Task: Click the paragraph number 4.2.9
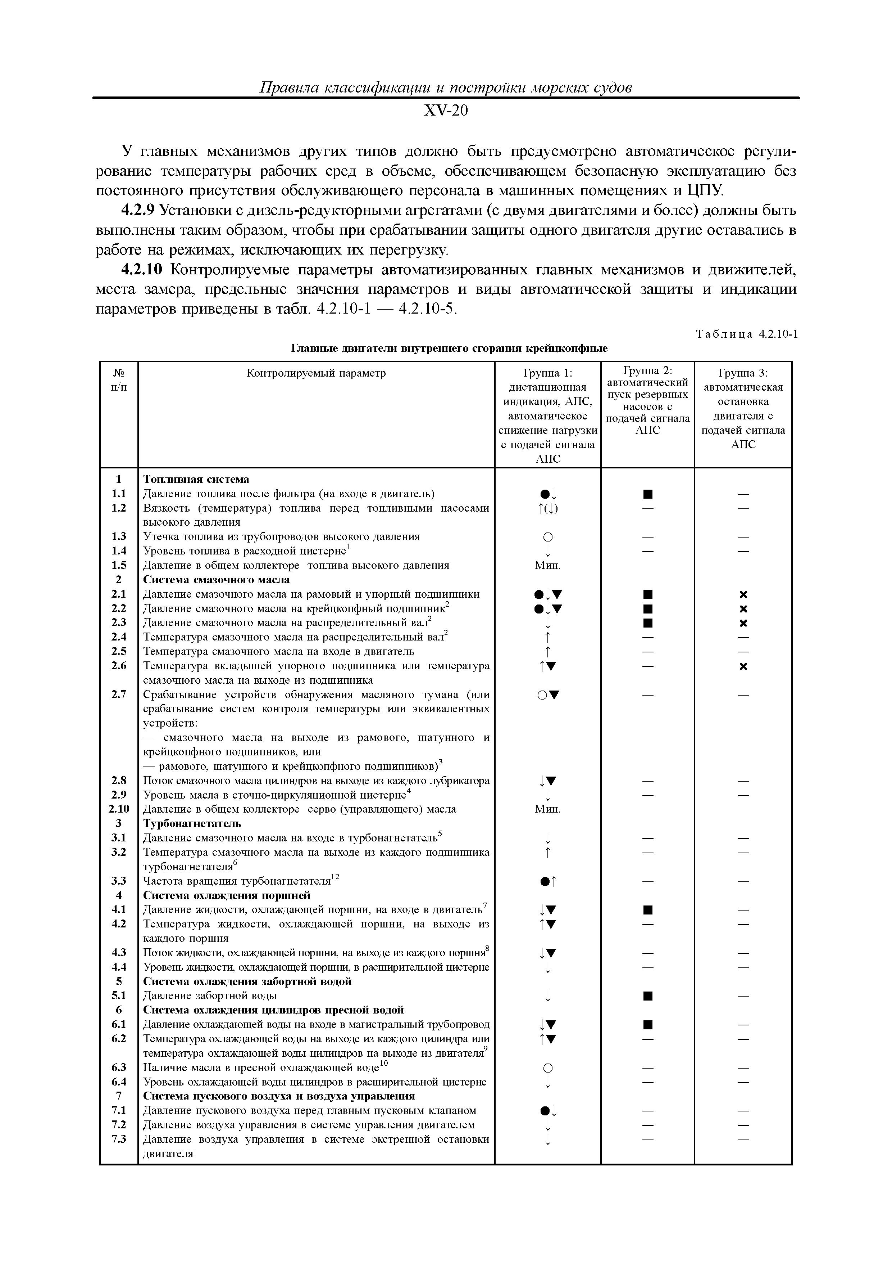[x=138, y=211]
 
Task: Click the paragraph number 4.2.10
[x=141, y=270]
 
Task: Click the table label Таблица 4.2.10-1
[x=746, y=334]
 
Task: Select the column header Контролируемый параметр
[x=316, y=373]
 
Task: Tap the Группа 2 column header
[x=647, y=400]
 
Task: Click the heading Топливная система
[x=196, y=479]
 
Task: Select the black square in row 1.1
[x=647, y=494]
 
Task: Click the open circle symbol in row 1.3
[x=547, y=537]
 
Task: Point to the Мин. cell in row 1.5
[x=547, y=566]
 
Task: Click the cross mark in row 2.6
[x=743, y=666]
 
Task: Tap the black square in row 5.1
[x=647, y=995]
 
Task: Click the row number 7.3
[x=119, y=1139]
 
